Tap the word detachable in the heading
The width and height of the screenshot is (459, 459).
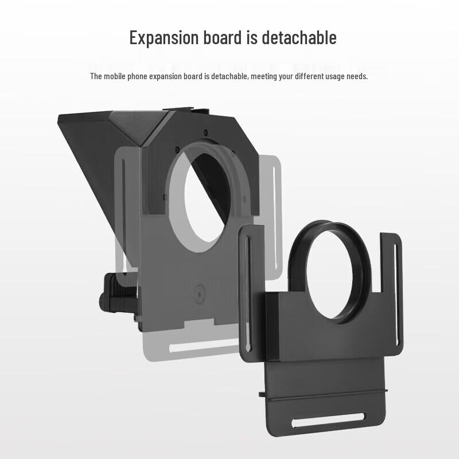pos(299,37)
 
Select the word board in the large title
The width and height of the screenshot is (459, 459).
pos(223,37)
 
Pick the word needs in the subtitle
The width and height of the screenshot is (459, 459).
pos(357,76)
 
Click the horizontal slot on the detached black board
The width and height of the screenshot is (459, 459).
pos(328,421)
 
